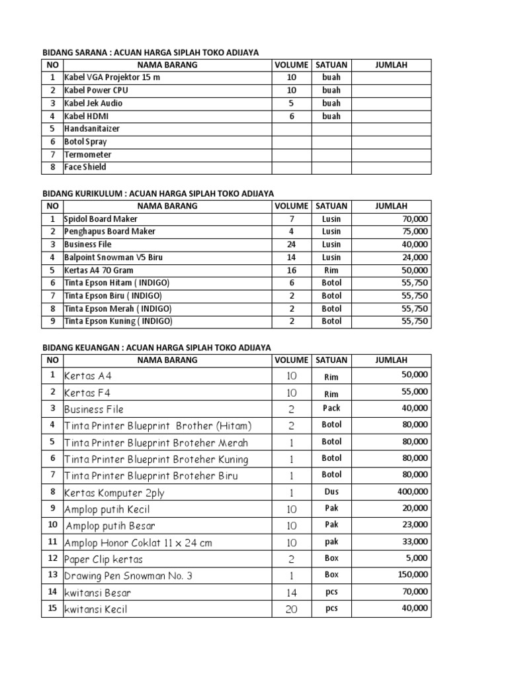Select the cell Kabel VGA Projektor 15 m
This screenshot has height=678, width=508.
click(x=112, y=77)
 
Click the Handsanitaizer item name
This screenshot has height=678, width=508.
click(x=92, y=128)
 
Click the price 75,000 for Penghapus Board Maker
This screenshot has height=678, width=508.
click(x=414, y=232)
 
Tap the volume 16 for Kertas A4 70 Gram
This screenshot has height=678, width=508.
click(x=291, y=270)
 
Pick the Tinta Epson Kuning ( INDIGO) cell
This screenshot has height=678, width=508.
click(x=118, y=322)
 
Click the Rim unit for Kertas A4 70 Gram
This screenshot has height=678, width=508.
click(x=331, y=270)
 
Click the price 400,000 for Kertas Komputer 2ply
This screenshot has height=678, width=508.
click(x=411, y=491)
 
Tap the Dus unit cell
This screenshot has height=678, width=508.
click(x=331, y=491)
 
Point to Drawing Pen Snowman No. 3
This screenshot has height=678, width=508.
click(x=128, y=575)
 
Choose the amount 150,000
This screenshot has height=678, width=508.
click(x=411, y=575)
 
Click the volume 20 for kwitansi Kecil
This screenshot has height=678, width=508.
click(x=291, y=609)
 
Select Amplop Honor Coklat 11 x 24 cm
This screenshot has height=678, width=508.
click(x=138, y=542)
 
